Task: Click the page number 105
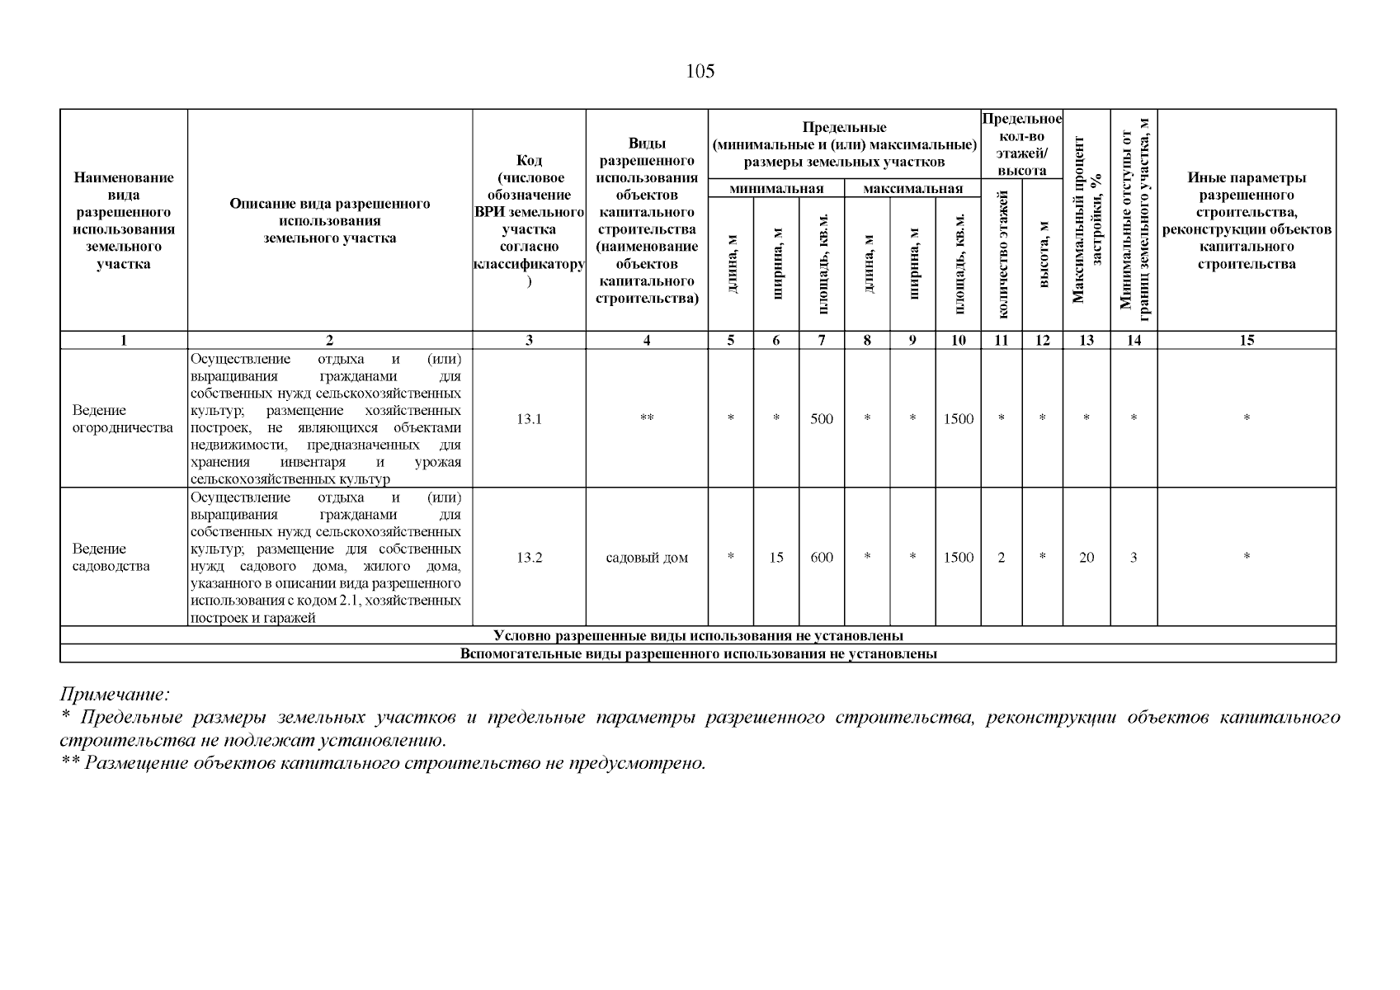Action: click(700, 72)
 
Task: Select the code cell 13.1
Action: click(529, 419)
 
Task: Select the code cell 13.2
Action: click(529, 558)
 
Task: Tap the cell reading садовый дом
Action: click(647, 558)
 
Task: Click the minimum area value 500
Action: click(822, 419)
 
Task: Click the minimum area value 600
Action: click(822, 558)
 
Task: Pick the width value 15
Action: click(776, 558)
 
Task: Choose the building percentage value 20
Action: click(1087, 558)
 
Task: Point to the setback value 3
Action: click(1134, 558)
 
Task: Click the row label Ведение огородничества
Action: click(123, 419)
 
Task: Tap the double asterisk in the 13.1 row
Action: click(647, 419)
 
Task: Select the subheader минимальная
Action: click(776, 189)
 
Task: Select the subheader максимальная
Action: click(912, 189)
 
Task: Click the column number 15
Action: click(1247, 340)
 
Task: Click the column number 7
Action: click(822, 340)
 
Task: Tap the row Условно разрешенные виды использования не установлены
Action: click(698, 636)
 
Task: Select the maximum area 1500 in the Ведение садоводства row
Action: click(958, 558)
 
